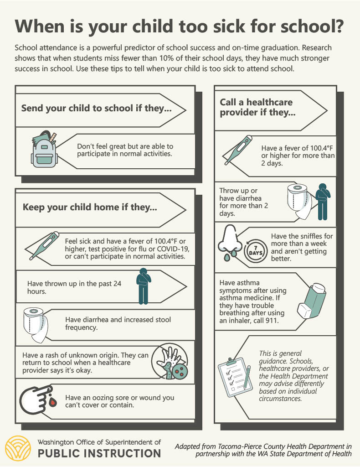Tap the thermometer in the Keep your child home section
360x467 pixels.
point(43,246)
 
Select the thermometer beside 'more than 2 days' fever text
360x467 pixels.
point(237,150)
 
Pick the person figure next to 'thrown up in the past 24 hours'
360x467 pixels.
point(143,286)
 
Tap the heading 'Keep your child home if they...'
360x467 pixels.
point(90,208)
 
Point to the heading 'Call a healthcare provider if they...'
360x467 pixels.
point(257,108)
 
